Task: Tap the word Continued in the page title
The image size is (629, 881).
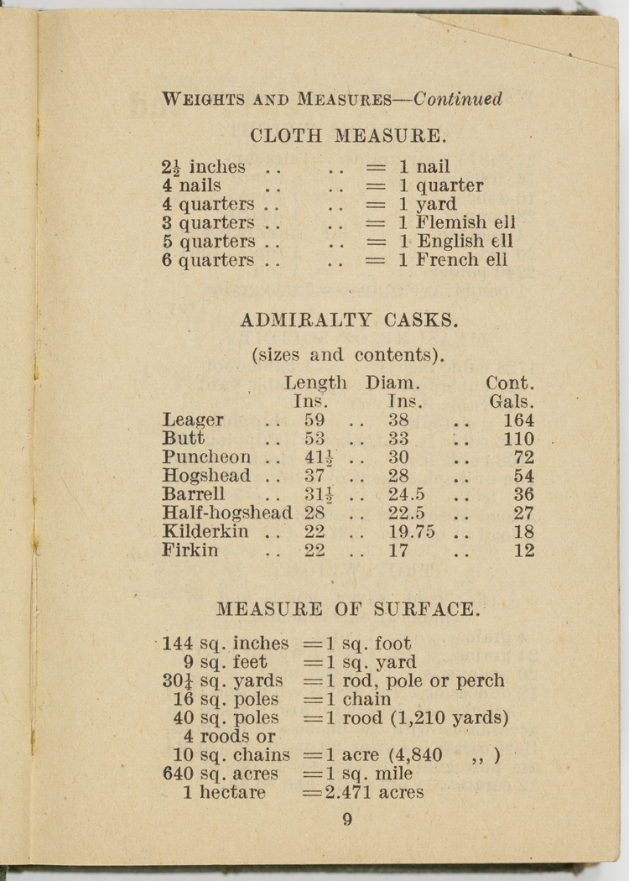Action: click(x=458, y=99)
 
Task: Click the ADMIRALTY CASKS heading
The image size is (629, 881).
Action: click(x=349, y=320)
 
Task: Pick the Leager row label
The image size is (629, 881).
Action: click(x=193, y=420)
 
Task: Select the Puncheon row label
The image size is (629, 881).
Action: click(x=206, y=457)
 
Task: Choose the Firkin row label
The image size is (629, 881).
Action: click(x=190, y=550)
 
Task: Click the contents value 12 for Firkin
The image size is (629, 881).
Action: click(x=523, y=550)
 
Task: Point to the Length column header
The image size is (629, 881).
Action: click(x=315, y=383)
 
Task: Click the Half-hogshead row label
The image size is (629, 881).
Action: click(x=226, y=513)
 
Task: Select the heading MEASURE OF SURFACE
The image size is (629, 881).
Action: click(x=348, y=608)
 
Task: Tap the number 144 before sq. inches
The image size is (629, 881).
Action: click(x=178, y=644)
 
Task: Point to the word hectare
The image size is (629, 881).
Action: click(x=232, y=792)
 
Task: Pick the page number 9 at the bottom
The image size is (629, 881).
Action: click(x=347, y=821)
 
